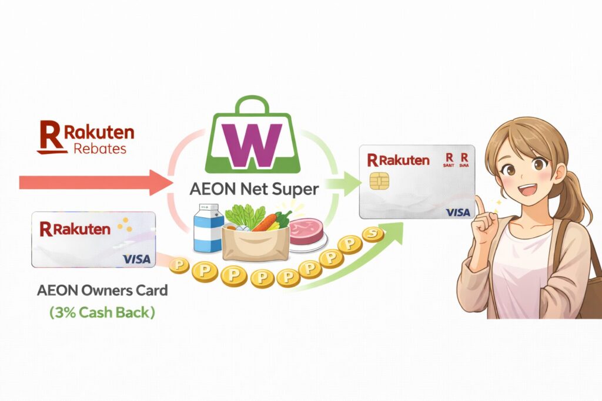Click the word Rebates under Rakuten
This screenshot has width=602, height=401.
click(100, 148)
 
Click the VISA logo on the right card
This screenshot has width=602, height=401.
click(457, 212)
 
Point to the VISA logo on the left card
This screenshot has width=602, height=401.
click(136, 259)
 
